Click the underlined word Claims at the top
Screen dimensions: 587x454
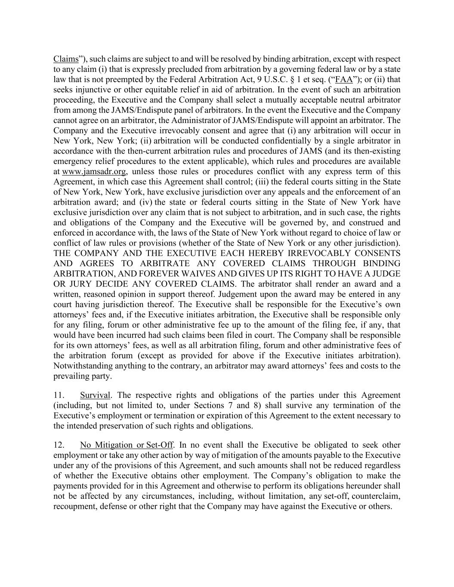pyautogui.click(x=66, y=59)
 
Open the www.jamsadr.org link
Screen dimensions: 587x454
pyautogui.click(x=94, y=172)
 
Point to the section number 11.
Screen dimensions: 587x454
pyautogui.click(x=59, y=395)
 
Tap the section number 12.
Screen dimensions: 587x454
pyautogui.click(x=59, y=445)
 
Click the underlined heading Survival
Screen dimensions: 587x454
pyautogui.click(x=95, y=395)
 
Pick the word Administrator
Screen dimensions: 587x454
pyautogui.click(x=222, y=120)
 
